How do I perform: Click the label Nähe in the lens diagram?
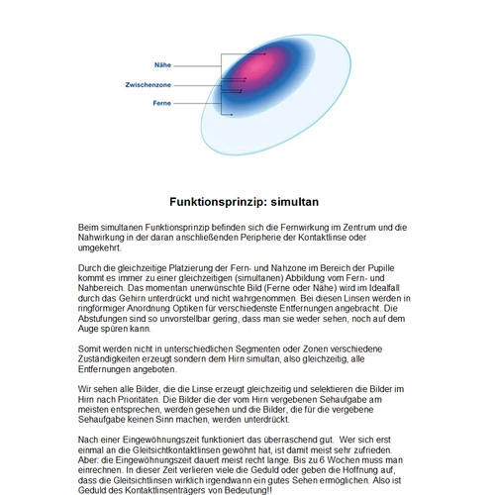point(163,63)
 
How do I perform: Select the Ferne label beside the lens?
point(162,103)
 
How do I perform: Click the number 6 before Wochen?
point(341,459)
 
